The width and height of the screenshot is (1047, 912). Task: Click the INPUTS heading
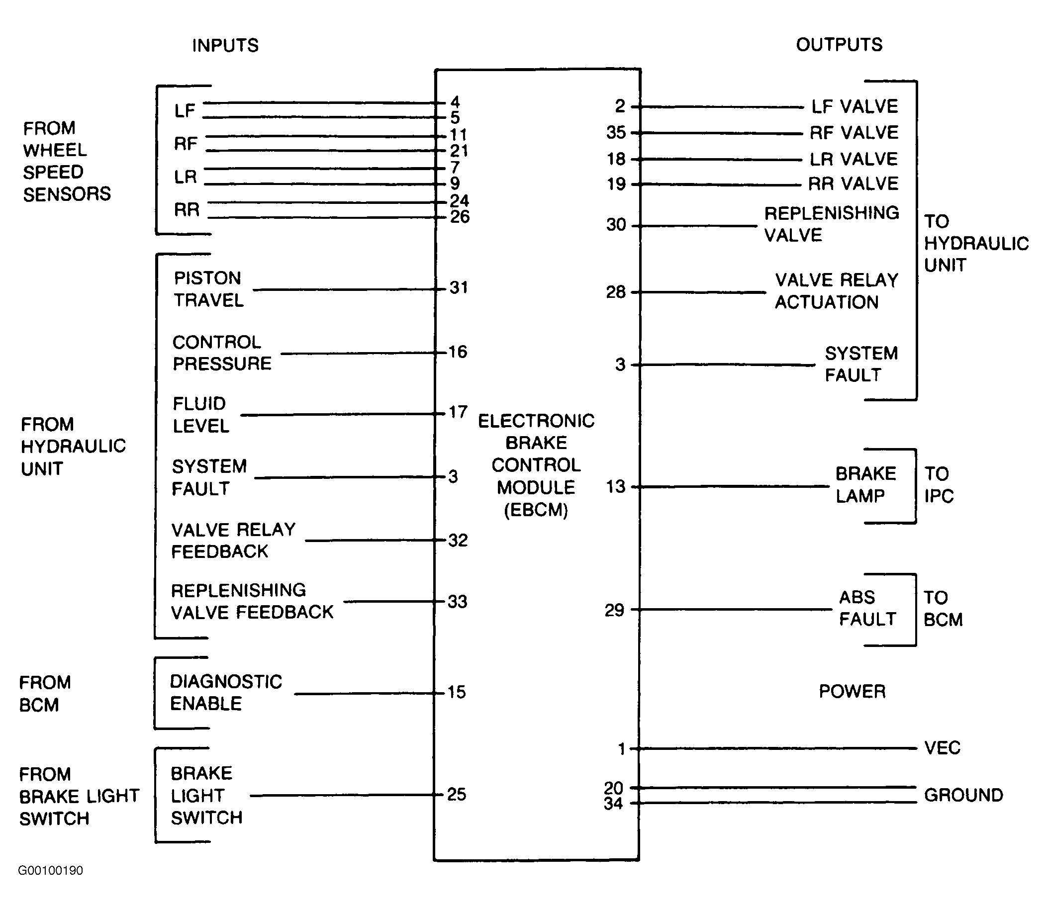225,46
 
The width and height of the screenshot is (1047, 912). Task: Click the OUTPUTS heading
839,45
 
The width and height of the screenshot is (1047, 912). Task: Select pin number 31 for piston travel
459,288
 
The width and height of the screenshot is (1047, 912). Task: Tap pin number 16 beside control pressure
458,352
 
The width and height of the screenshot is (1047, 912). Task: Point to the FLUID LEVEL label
200,415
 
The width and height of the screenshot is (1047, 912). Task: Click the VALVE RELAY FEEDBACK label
233,541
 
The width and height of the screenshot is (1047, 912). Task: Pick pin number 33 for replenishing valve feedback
457,602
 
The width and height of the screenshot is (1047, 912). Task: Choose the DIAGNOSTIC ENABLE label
226,693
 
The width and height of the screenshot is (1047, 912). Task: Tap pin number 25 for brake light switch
457,795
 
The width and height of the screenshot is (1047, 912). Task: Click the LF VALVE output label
855,106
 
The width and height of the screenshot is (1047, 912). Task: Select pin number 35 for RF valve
616,133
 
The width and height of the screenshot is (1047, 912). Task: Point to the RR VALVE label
854,183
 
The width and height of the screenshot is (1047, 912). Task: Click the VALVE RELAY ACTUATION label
836,291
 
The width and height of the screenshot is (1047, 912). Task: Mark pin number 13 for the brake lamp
615,487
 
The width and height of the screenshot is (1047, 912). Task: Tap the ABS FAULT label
867,608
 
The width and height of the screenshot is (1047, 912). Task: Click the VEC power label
942,748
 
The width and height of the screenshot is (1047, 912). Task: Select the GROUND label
963,795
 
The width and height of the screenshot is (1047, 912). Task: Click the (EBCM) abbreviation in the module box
536,509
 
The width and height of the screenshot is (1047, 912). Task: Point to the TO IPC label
939,485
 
